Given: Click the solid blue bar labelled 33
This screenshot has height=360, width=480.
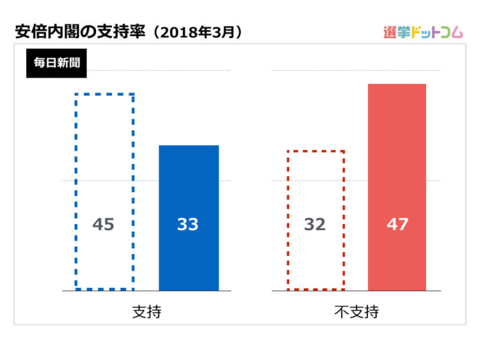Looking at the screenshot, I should point(189,200).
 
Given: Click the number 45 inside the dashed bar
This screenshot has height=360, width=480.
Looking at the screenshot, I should point(103,225).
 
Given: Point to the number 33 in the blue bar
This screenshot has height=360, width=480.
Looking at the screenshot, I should point(188,225).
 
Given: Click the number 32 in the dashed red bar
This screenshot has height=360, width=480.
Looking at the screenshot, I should point(315,225).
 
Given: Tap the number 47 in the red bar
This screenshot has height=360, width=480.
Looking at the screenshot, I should point(397,225).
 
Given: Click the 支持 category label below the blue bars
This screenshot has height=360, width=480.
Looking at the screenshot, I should point(147,311).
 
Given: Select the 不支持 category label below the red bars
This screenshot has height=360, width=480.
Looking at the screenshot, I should point(357,311).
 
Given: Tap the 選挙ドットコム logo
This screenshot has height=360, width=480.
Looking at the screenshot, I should point(423,32).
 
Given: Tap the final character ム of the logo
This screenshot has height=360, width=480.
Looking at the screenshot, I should point(456,33).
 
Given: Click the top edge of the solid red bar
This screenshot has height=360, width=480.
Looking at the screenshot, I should point(397,85).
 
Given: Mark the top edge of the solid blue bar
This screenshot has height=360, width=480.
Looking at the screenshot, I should point(189,145).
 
